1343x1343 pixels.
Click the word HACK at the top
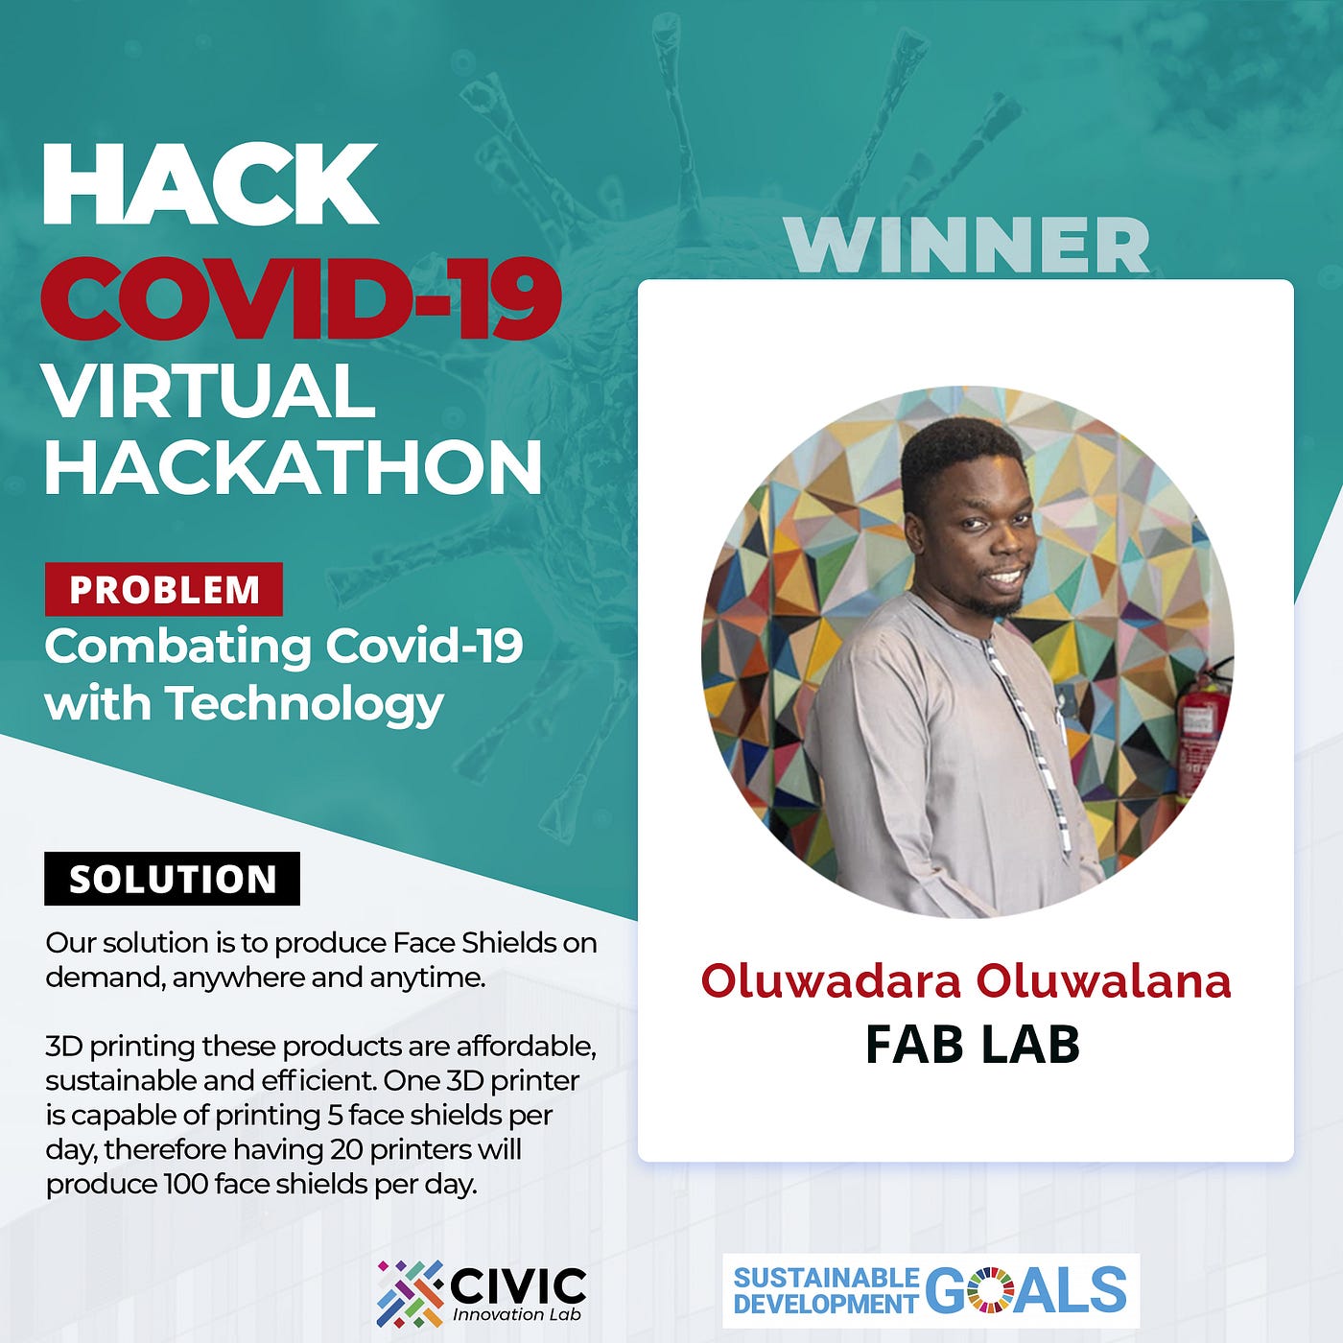tap(210, 184)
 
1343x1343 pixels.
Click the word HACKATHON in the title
tap(294, 466)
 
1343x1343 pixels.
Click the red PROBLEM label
tap(164, 590)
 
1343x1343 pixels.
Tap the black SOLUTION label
tap(172, 879)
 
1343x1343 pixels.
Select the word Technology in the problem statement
tap(304, 705)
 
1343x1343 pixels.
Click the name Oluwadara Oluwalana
tap(965, 980)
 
